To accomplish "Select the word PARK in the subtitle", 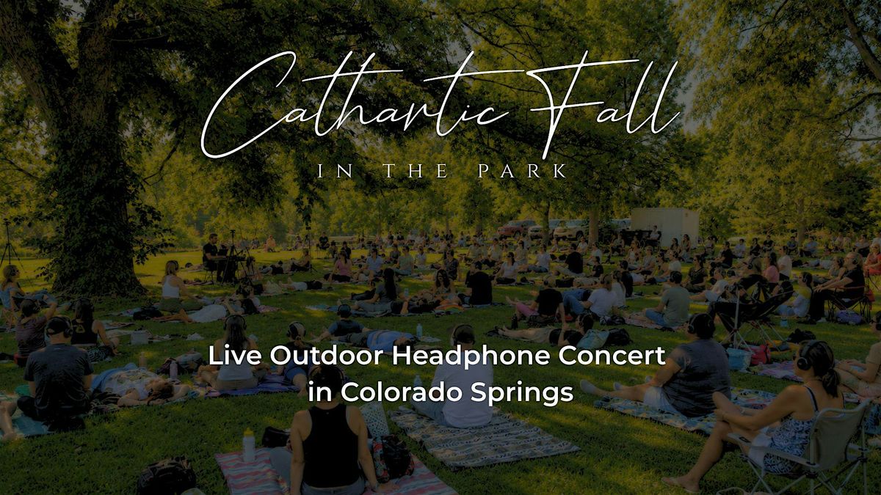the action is pos(522,172).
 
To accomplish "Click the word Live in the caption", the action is pos(235,356).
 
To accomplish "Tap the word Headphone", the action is pos(471,356).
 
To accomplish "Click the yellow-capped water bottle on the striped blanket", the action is pos(248,444).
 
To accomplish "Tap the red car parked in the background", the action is pos(515,228).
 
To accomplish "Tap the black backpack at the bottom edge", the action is pos(167,477).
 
